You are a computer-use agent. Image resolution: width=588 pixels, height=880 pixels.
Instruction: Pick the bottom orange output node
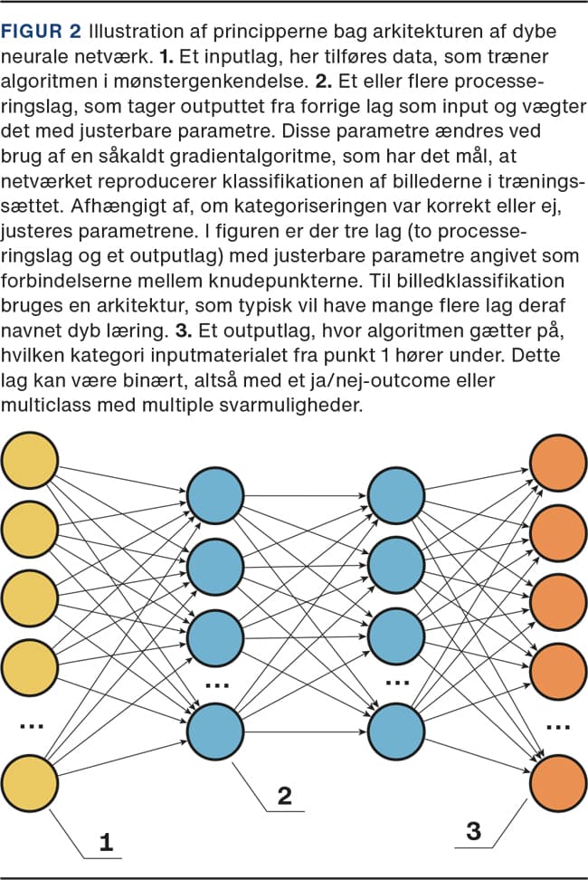coord(558,782)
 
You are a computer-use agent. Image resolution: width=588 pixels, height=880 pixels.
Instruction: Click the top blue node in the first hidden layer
coord(215,496)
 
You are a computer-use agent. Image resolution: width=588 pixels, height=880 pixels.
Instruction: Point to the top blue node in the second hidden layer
coord(395,496)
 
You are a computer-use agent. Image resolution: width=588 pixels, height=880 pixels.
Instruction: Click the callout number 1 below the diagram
coord(107,844)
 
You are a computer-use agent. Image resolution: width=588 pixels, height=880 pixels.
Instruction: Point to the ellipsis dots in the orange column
coord(558,725)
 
